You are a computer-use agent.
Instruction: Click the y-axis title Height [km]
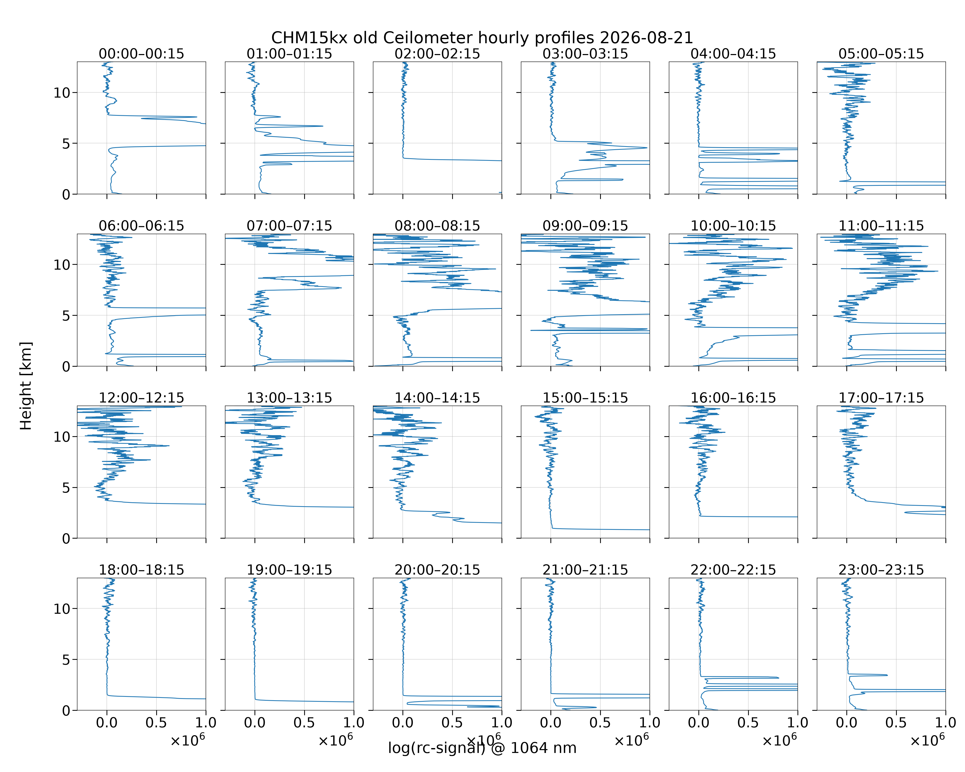click(x=26, y=386)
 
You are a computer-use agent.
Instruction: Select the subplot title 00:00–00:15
click(x=142, y=54)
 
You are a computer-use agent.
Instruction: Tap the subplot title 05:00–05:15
click(x=881, y=54)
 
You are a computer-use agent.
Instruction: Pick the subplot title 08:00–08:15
click(x=437, y=226)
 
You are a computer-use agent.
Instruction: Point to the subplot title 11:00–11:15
click(x=881, y=226)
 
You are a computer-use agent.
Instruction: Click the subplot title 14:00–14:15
click(x=437, y=398)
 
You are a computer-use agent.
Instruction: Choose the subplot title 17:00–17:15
click(x=881, y=398)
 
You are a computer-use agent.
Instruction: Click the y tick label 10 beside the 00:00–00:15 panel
click(x=62, y=93)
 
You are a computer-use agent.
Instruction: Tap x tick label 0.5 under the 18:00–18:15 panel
click(x=156, y=723)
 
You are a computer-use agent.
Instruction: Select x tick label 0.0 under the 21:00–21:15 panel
click(x=550, y=723)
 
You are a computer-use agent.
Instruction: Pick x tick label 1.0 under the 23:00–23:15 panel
click(x=945, y=723)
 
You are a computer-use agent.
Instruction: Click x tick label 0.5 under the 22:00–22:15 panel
click(x=748, y=723)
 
